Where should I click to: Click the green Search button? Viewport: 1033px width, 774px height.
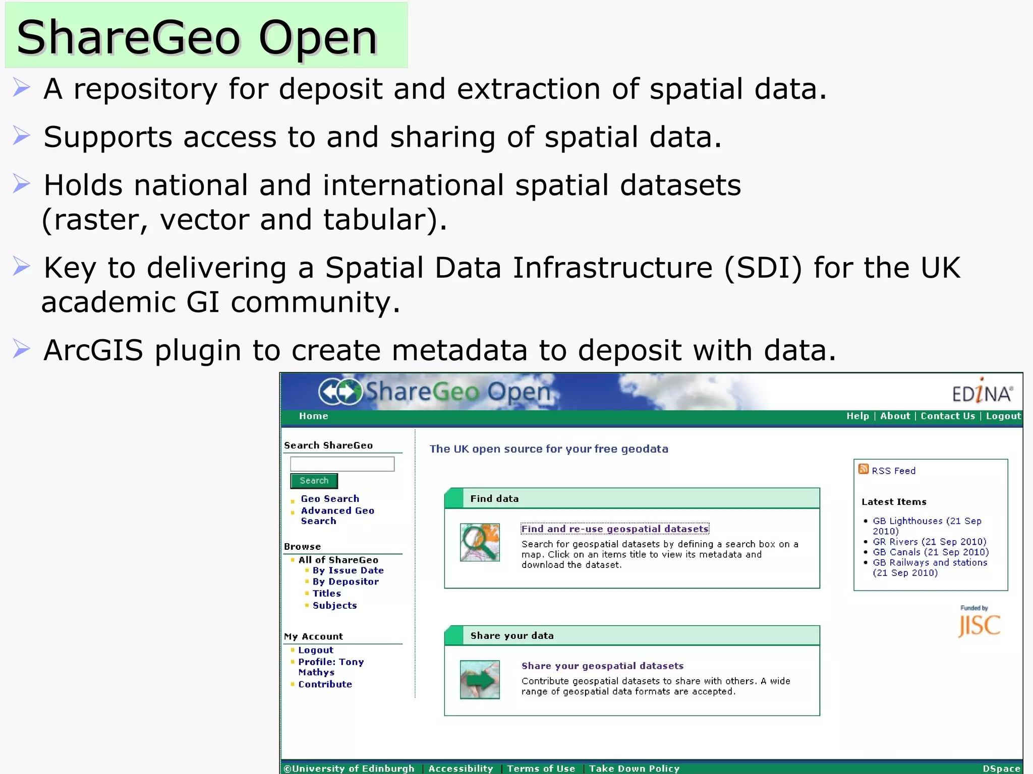[314, 481]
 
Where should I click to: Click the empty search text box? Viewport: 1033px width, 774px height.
[342, 464]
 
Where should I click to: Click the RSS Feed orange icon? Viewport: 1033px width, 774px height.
[864, 469]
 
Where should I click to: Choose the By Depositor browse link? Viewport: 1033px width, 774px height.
[346, 582]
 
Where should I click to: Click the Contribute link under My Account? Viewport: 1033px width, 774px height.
[325, 684]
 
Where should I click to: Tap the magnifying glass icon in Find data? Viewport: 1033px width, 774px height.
[480, 542]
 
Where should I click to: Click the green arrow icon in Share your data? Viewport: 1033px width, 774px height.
[480, 679]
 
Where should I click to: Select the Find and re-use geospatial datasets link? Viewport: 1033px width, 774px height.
[615, 529]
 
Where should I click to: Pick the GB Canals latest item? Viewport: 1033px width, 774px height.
[931, 552]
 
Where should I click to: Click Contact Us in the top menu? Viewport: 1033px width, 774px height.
[948, 416]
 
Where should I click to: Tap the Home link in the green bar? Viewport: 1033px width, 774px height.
[313, 416]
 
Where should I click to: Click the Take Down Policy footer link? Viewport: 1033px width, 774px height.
[634, 768]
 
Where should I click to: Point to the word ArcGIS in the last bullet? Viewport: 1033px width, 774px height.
[93, 350]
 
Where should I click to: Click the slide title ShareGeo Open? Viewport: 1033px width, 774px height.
[197, 37]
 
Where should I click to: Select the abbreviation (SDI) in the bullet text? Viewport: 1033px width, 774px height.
[763, 268]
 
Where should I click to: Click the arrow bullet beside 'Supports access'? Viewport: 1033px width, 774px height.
[21, 136]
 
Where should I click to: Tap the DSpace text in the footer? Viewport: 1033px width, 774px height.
[1001, 768]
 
